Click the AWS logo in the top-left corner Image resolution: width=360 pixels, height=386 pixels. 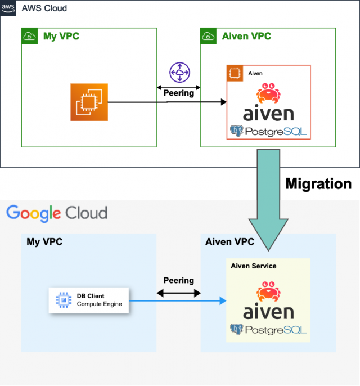tap(8, 8)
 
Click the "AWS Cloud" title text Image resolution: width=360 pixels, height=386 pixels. tap(44, 8)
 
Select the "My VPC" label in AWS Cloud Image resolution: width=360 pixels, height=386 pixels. tap(61, 37)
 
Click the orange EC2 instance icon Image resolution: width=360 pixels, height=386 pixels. tap(89, 102)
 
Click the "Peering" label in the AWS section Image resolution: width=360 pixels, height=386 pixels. tap(179, 92)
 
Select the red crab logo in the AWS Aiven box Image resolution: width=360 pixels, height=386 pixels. tap(268, 93)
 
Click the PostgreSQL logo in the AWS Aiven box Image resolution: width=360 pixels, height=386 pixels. tap(268, 132)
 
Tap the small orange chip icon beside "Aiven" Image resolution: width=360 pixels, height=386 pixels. tap(235, 73)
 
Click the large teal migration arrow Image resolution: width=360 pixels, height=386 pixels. tap(268, 197)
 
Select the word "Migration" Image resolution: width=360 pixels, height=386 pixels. tap(318, 183)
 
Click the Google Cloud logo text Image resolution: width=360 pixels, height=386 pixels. tap(56, 213)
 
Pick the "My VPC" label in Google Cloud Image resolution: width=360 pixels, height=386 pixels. tap(44, 241)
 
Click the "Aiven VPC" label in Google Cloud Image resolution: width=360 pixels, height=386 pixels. tap(229, 241)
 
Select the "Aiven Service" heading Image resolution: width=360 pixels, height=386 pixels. tap(253, 266)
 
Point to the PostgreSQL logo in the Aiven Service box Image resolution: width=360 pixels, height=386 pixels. tap(268, 329)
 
